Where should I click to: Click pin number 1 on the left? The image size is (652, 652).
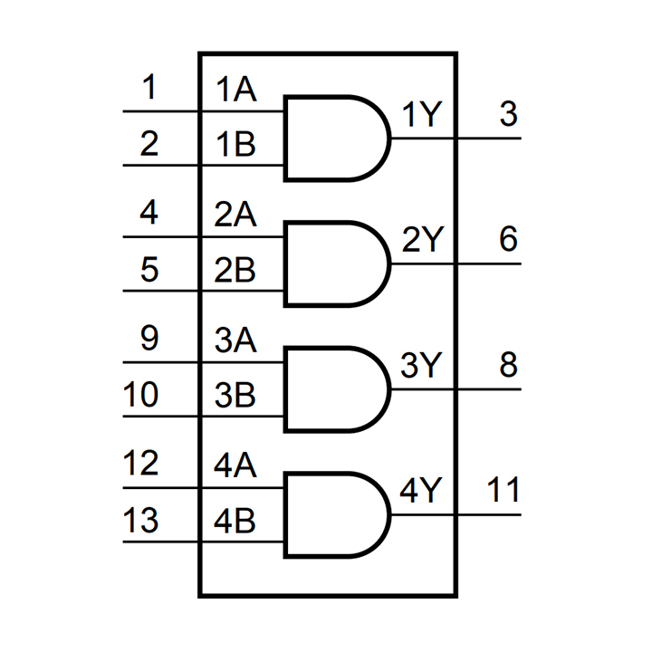(149, 89)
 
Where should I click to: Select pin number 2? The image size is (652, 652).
(149, 143)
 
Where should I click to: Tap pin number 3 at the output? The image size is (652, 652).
(508, 115)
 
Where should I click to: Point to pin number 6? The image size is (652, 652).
(508, 240)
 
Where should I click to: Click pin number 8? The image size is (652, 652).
(508, 365)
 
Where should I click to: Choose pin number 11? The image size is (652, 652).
(503, 491)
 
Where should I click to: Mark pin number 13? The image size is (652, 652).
(140, 521)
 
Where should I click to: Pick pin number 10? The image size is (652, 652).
(140, 395)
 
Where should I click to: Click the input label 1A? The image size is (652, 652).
(235, 90)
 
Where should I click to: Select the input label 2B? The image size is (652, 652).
(235, 270)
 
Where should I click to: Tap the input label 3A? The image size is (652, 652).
(235, 340)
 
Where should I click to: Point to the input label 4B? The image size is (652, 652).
(235, 522)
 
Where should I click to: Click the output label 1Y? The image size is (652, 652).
(421, 115)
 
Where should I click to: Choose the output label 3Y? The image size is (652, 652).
(421, 366)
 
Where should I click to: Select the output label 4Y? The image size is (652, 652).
(421, 492)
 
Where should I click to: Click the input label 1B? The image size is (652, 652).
(235, 144)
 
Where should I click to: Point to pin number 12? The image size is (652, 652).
(140, 465)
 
